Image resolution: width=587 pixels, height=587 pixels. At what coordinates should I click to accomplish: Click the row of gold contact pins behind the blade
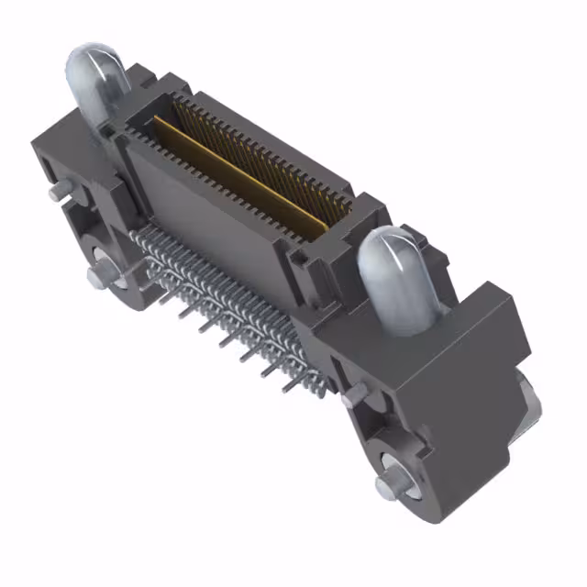click(266, 147)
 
